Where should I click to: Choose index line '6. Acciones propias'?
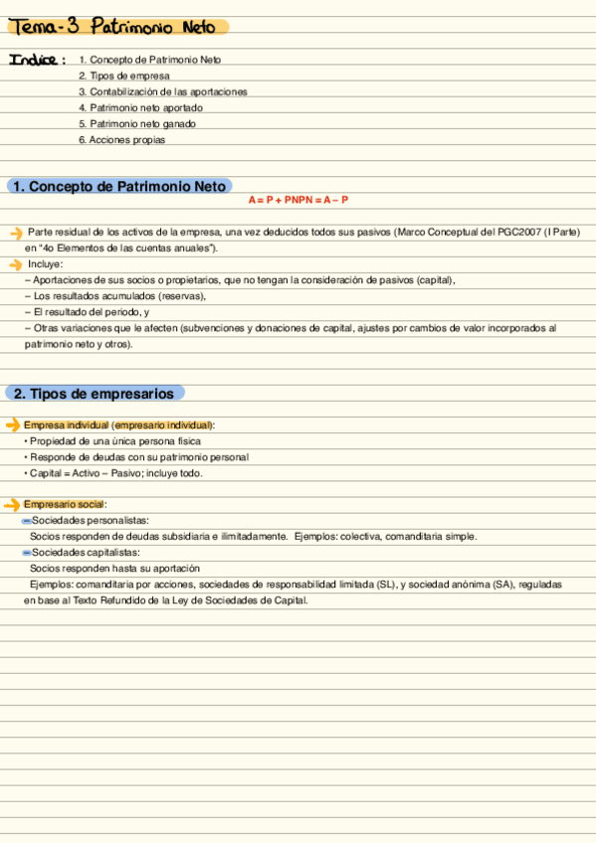pos(121,140)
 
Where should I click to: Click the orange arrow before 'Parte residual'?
pos(15,233)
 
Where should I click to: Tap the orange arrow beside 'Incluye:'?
pos(15,264)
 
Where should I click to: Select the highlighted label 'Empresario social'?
pos(65,505)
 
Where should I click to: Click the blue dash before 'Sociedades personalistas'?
pos(26,521)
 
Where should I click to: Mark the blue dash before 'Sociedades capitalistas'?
pos(26,553)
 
